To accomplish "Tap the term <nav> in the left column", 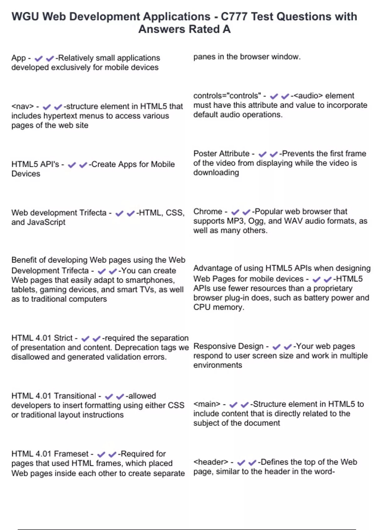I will pos(22,106).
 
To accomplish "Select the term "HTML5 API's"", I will pos(35,164).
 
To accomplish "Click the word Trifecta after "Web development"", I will pos(93,213).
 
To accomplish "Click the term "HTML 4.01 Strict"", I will pos(42,338).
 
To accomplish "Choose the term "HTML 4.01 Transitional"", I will pos(54,396).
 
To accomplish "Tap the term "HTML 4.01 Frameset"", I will pos(50,454).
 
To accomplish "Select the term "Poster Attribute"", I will pos(221,154).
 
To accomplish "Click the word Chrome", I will pos(208,211).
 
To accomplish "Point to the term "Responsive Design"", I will pos(228,346).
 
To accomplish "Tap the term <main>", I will pos(207,404).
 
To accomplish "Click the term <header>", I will pos(211,462).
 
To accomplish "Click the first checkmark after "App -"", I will pos(39,58).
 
